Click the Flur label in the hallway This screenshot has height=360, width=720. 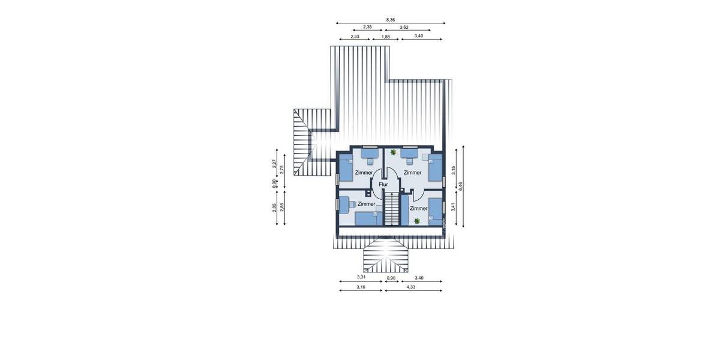383,185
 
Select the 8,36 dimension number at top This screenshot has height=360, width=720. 391,20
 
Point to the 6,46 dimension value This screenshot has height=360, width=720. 460,186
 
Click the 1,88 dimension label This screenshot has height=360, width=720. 386,37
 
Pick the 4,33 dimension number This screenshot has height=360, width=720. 411,287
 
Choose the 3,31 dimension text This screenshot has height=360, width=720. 361,278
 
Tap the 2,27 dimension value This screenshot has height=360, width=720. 274,163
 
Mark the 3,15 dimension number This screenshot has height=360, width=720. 454,170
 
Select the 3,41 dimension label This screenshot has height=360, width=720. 454,207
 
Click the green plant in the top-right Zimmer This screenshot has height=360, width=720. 393,152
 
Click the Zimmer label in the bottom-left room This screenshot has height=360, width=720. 366,204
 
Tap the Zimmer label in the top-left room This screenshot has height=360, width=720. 364,173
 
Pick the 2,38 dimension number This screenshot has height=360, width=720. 367,27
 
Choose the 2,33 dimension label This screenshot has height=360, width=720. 355,37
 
